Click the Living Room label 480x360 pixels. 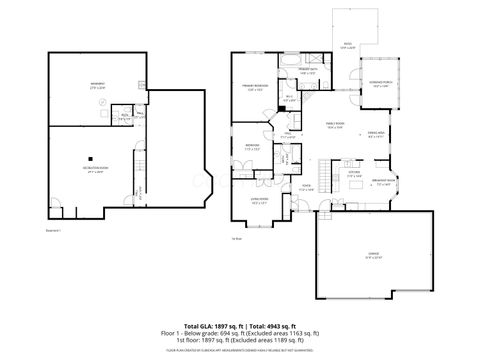(x=258, y=201)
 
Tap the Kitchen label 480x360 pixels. (x=354, y=173)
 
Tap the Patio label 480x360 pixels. (x=347, y=44)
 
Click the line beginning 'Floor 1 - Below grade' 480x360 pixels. (x=240, y=334)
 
